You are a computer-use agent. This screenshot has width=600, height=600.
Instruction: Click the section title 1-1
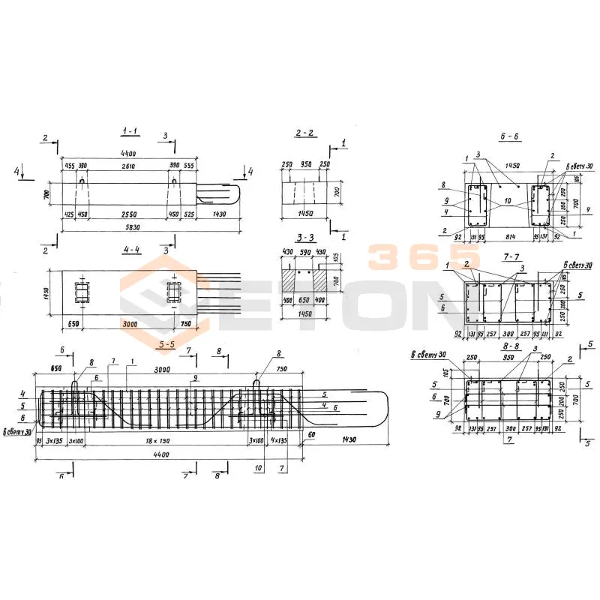coord(130,131)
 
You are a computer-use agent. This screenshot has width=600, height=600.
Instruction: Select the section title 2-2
coord(304,133)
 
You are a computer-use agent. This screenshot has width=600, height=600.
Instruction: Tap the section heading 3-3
coord(304,236)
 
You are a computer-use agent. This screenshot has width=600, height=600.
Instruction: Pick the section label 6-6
coord(509,136)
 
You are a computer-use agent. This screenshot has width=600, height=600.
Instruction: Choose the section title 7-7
coord(513,256)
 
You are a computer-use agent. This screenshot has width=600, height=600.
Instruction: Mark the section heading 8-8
coord(513,346)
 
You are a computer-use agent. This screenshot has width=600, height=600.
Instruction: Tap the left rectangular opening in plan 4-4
coord(81,292)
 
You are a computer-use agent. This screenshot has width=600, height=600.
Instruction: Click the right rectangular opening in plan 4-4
coord(174,292)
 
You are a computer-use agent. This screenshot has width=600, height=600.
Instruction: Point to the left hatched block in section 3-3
coord(292,280)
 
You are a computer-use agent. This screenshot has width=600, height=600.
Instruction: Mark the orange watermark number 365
coord(408,256)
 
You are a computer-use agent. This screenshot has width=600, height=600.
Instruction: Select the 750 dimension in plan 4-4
coord(185,325)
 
